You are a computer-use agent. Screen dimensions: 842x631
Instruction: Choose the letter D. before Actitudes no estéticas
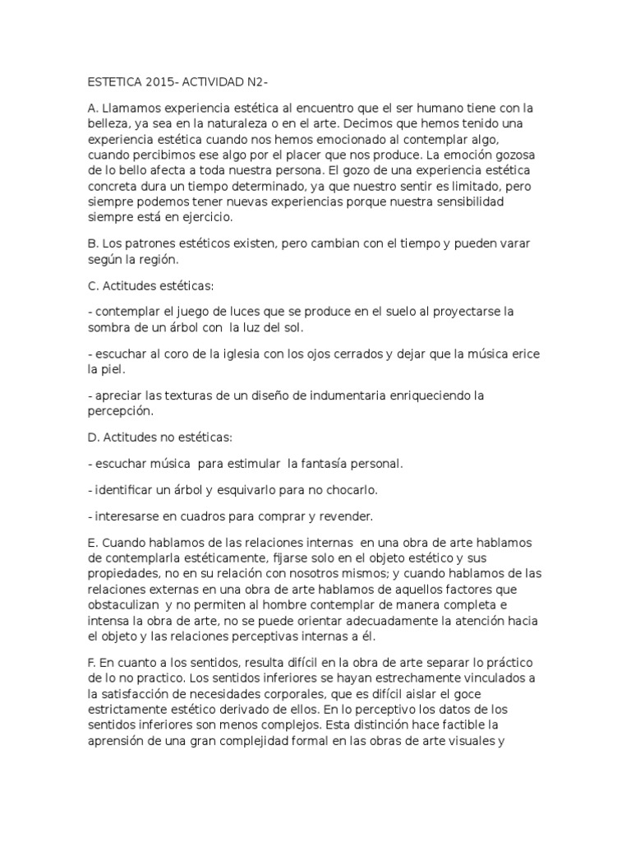click(92, 437)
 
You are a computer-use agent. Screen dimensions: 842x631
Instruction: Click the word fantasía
click(323, 464)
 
